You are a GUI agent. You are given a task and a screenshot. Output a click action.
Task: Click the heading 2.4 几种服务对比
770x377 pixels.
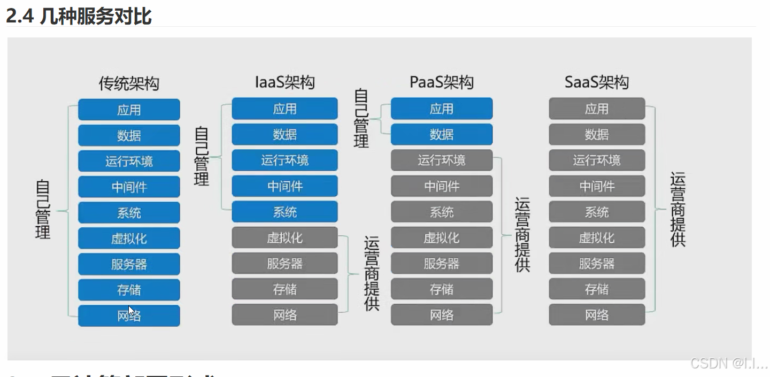(x=79, y=16)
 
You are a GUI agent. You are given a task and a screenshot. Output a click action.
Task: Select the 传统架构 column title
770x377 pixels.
(x=129, y=83)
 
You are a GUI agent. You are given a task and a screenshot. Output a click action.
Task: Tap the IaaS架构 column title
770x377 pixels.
(x=284, y=82)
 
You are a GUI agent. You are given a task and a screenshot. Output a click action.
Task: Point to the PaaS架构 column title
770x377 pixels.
(x=442, y=82)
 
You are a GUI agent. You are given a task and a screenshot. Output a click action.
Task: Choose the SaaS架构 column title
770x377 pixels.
(x=597, y=82)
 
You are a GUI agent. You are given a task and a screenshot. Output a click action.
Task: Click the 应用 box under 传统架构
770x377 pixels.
(x=129, y=110)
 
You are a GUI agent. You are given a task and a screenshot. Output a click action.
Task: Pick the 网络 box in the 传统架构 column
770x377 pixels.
(x=129, y=316)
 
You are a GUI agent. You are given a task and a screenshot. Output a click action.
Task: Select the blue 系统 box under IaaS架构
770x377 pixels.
(x=284, y=212)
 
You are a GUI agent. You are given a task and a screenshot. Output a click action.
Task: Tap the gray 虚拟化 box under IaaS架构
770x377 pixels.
(x=284, y=237)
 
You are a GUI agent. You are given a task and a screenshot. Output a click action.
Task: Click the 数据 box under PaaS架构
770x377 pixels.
(x=442, y=135)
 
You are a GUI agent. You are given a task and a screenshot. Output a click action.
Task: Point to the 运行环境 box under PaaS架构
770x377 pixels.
(x=442, y=160)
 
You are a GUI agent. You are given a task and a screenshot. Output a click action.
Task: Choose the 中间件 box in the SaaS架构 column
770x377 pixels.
(x=597, y=186)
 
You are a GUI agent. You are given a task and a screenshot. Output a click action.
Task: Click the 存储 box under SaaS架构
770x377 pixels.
(x=597, y=289)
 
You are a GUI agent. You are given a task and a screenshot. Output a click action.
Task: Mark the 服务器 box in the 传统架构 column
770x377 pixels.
(x=129, y=264)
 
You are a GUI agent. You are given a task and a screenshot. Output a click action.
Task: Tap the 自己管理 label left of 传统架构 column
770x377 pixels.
(x=43, y=210)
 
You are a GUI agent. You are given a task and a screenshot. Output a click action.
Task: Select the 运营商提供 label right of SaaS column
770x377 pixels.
(x=677, y=210)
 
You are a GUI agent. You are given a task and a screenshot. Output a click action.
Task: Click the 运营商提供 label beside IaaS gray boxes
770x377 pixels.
(x=372, y=273)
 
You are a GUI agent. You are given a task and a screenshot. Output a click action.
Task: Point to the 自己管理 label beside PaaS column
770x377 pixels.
(x=361, y=119)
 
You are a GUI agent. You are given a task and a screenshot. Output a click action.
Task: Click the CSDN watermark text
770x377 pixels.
(x=728, y=364)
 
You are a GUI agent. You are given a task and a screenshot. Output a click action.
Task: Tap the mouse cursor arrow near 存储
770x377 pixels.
(x=131, y=310)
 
